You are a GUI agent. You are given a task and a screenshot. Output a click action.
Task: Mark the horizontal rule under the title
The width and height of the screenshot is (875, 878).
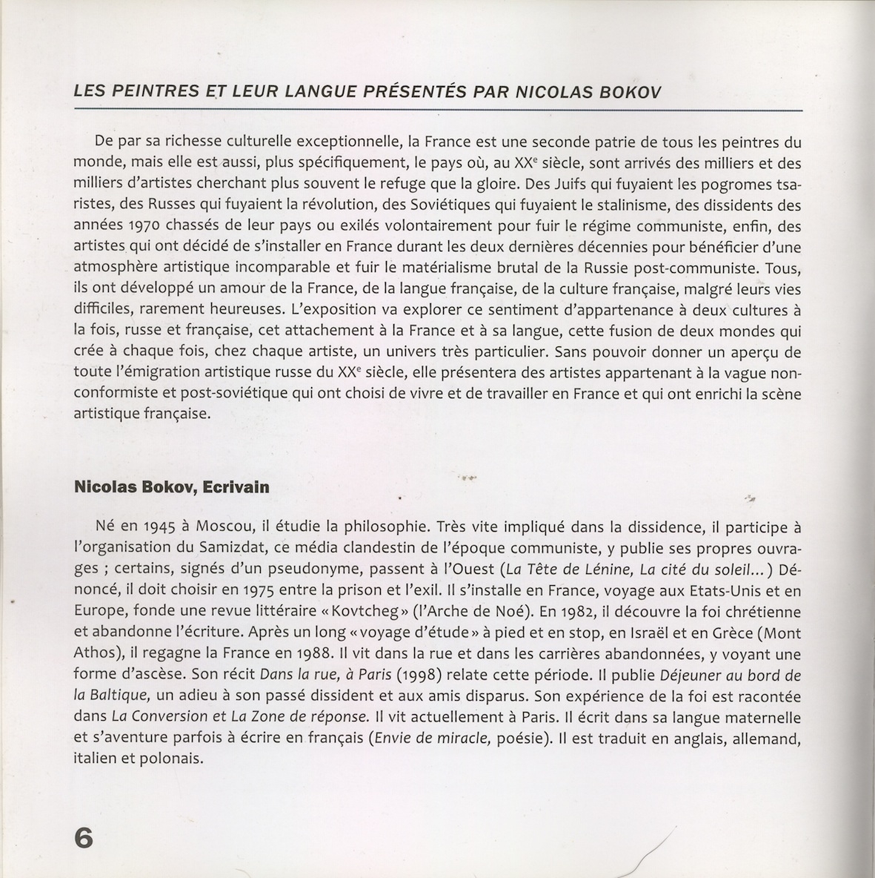437,110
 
